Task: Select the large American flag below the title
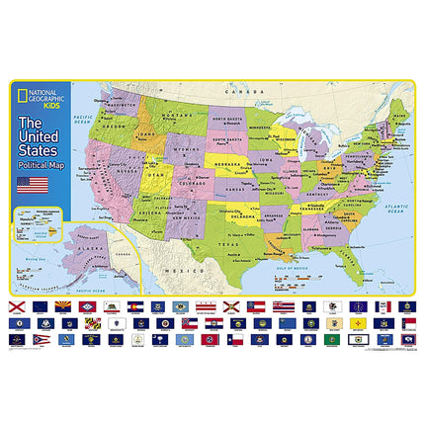tap(33, 185)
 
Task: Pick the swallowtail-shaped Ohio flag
tap(40, 339)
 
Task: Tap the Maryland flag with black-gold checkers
tap(62, 323)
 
